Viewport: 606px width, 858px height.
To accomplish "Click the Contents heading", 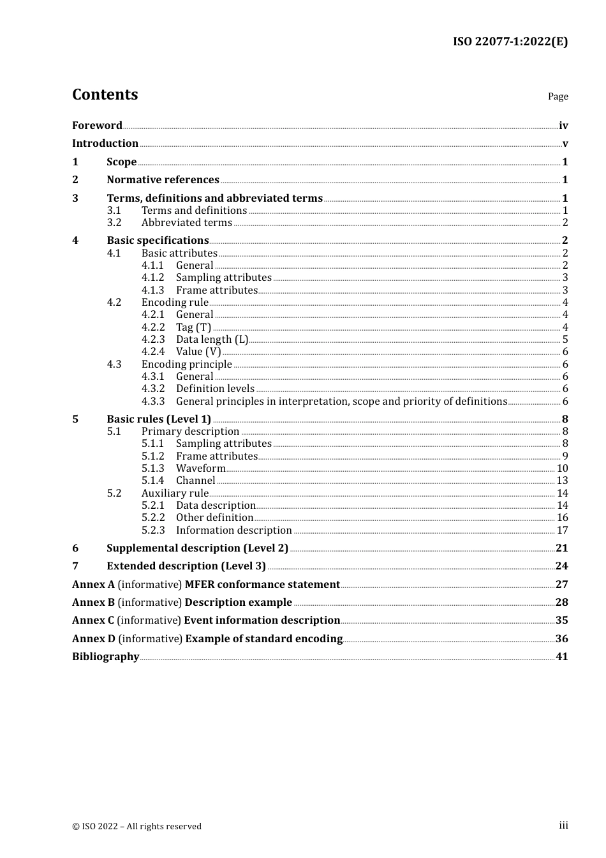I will point(105,94).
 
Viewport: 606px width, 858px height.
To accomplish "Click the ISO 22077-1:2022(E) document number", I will point(510,42).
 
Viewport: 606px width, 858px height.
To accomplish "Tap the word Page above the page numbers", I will point(558,96).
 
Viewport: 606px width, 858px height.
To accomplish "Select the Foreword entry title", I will point(97,126).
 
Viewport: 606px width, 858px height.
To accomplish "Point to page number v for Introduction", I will point(565,144).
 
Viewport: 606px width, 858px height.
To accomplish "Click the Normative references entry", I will point(163,180).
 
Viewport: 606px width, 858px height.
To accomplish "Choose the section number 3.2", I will point(114,223).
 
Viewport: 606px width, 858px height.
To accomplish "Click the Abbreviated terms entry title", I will point(186,223).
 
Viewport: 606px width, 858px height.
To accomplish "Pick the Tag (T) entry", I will point(193,327).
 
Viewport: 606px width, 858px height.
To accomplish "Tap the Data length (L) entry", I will point(212,340).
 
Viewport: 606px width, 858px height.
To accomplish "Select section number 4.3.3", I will point(153,402).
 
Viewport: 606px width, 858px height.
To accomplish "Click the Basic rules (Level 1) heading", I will point(158,419).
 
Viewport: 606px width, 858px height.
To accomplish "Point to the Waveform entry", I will point(200,469).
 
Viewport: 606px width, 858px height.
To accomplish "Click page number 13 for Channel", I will point(562,481).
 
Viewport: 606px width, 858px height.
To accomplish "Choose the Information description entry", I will point(233,531).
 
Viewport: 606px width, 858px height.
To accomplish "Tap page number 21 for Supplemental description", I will point(561,548).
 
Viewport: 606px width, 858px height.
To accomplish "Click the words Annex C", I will point(93,621).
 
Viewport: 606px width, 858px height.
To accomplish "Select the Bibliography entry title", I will point(105,657).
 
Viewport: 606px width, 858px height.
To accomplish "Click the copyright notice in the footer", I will point(137,827).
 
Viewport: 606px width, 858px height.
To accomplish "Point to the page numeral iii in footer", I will point(563,826).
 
